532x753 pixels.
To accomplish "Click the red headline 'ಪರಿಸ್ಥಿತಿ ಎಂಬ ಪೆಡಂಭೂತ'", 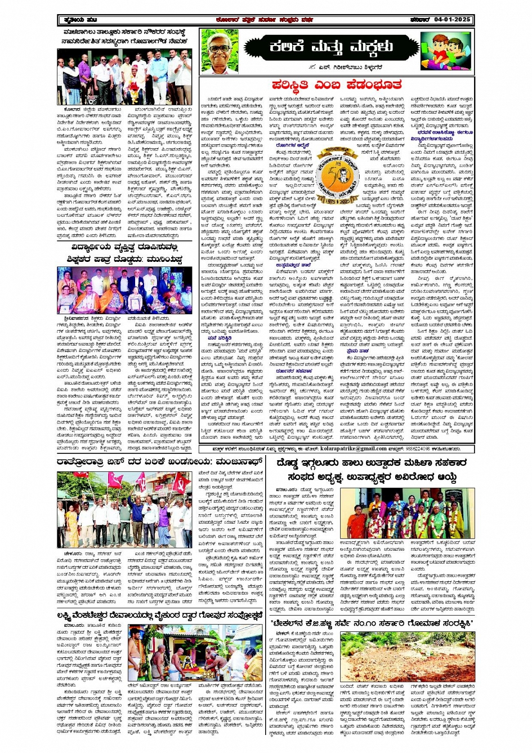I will (337, 84).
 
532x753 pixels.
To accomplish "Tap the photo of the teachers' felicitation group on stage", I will (124, 290).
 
